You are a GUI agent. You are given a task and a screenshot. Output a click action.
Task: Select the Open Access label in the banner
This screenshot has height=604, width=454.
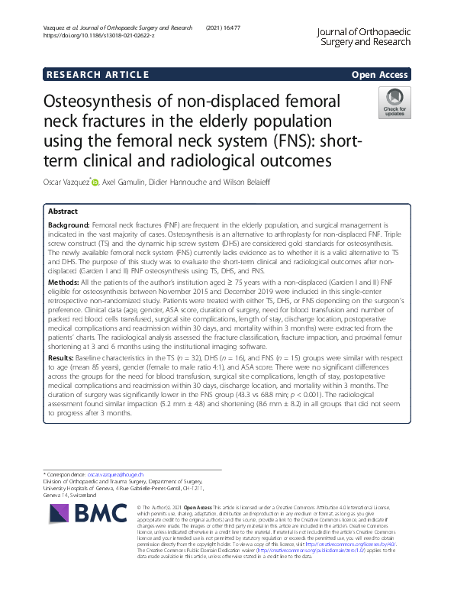379,74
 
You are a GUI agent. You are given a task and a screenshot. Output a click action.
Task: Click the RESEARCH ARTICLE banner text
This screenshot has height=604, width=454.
97,74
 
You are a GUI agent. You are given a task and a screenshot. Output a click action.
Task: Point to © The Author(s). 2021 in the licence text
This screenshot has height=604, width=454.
163,507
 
